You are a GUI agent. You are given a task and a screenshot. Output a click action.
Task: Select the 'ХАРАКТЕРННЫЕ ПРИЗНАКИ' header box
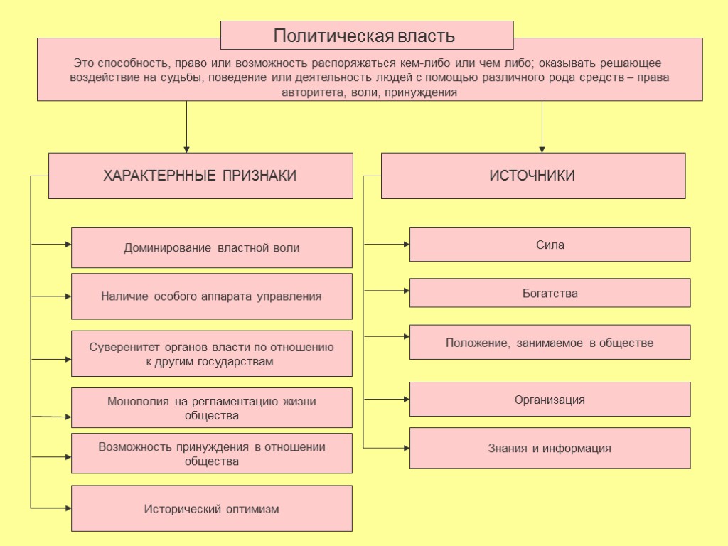pos(200,176)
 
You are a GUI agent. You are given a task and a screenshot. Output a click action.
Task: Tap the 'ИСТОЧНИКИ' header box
pos(532,176)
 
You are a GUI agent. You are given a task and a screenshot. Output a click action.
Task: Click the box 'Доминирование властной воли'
pos(212,247)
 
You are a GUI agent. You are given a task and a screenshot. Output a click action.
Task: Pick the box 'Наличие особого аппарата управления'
pos(212,296)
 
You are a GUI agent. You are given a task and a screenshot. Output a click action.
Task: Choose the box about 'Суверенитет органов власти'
pos(212,353)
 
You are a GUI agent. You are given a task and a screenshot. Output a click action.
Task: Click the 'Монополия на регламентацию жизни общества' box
pos(212,408)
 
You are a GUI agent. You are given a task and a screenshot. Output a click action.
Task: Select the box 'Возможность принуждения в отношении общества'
pos(212,454)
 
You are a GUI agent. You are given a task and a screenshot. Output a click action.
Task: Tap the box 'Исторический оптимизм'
pos(212,508)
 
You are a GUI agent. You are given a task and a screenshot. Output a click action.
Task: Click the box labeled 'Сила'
pos(550,245)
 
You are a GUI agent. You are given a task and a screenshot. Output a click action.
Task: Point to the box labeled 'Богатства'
pos(550,293)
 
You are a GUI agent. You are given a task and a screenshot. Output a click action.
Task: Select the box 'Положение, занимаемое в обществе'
pos(550,343)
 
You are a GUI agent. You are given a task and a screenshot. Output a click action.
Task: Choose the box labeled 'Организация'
pos(550,400)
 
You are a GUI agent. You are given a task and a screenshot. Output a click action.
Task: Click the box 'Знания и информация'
pos(550,448)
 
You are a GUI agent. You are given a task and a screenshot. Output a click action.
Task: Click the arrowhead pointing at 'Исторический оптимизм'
pos(68,508)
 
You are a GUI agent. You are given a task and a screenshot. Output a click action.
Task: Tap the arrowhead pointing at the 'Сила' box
pos(407,245)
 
